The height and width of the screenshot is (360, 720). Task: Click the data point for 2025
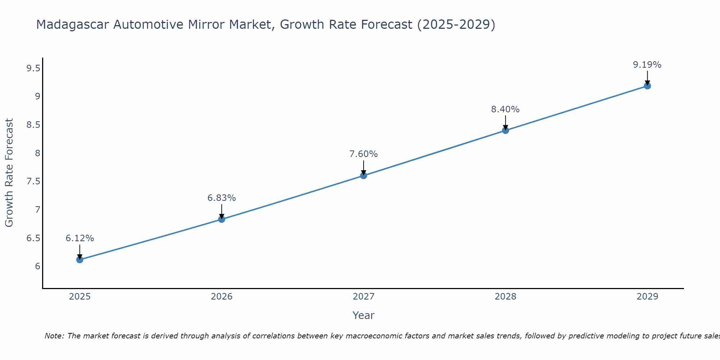(x=80, y=260)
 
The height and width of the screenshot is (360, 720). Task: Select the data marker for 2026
(x=221, y=219)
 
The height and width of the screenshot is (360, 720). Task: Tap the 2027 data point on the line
(x=364, y=176)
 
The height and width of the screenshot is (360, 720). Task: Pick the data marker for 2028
(x=505, y=130)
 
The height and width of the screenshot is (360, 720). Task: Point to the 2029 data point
(x=647, y=86)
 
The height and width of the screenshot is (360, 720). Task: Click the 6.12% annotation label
(x=80, y=238)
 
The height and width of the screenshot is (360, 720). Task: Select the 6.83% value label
(x=221, y=198)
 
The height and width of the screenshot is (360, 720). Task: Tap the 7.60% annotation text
(x=364, y=154)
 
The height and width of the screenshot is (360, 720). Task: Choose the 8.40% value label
(x=505, y=109)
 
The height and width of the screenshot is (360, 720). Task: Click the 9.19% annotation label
(x=647, y=65)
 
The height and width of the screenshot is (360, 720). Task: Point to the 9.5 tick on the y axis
(x=33, y=68)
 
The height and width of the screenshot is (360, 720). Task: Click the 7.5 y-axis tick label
(x=33, y=181)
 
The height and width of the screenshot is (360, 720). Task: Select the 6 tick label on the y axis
(x=37, y=266)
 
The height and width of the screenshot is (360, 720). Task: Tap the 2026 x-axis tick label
(x=221, y=297)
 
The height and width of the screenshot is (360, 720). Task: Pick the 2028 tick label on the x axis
(x=505, y=297)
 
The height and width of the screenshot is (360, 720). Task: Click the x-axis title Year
(x=364, y=315)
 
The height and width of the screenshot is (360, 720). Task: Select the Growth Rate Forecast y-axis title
(x=9, y=173)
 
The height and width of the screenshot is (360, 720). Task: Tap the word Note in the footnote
(x=54, y=336)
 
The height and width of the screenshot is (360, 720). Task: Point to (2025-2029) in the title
(x=456, y=24)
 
